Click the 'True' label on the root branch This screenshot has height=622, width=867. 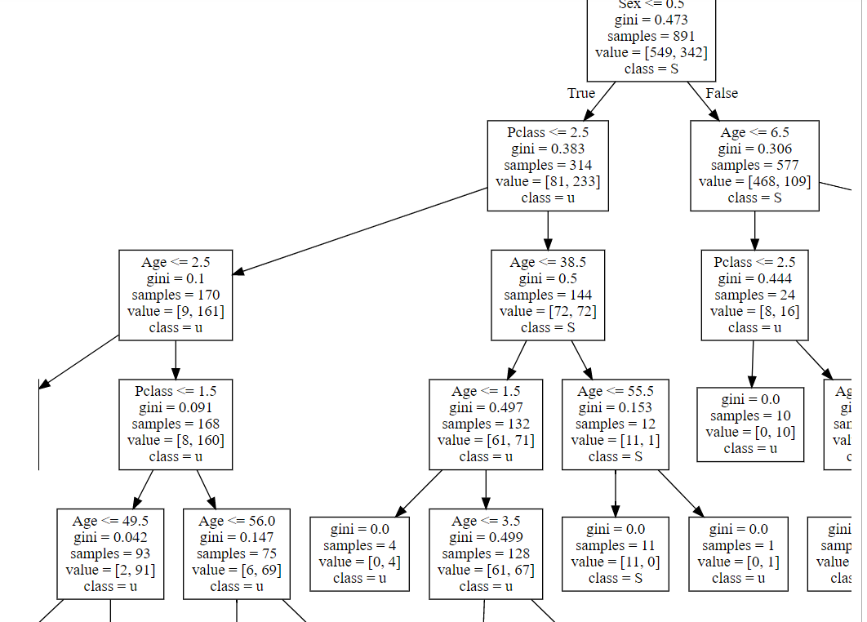581,93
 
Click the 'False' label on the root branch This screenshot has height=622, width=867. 722,93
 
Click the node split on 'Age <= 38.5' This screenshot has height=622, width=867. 548,295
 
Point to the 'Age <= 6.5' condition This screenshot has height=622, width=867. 754,132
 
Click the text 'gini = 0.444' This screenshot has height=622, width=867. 754,278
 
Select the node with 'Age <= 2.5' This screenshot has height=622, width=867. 176,295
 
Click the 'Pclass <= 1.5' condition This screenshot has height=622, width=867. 176,391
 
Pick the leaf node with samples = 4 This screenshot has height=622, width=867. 359,553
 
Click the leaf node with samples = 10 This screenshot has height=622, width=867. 750,424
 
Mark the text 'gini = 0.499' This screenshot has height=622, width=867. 486,537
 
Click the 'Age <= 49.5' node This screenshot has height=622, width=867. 110,553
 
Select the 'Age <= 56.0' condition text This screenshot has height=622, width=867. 237,521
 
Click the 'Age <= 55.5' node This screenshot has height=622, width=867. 616,424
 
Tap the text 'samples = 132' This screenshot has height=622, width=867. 486,424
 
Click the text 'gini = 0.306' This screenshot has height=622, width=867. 754,149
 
